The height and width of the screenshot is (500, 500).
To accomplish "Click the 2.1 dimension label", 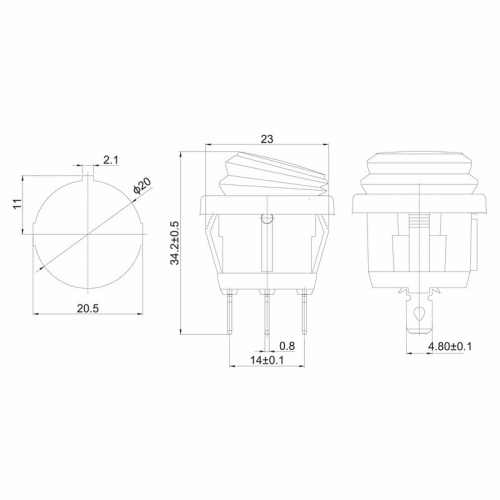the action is (111, 160).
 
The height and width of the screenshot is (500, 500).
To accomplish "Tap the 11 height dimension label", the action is (17, 204).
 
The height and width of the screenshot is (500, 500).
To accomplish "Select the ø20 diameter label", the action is (142, 186).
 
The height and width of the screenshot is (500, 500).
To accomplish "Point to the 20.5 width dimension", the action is (88, 308).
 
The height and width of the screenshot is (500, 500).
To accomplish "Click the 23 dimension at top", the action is (267, 139).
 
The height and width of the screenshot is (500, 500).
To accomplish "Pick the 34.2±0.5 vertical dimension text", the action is (175, 243).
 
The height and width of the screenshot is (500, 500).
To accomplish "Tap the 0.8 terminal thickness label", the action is (287, 346).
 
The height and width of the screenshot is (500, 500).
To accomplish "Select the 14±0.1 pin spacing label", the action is (267, 360).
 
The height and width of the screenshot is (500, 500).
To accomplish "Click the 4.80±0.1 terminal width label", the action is (450, 346).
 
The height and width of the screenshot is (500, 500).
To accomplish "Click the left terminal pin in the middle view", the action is (230, 313).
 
